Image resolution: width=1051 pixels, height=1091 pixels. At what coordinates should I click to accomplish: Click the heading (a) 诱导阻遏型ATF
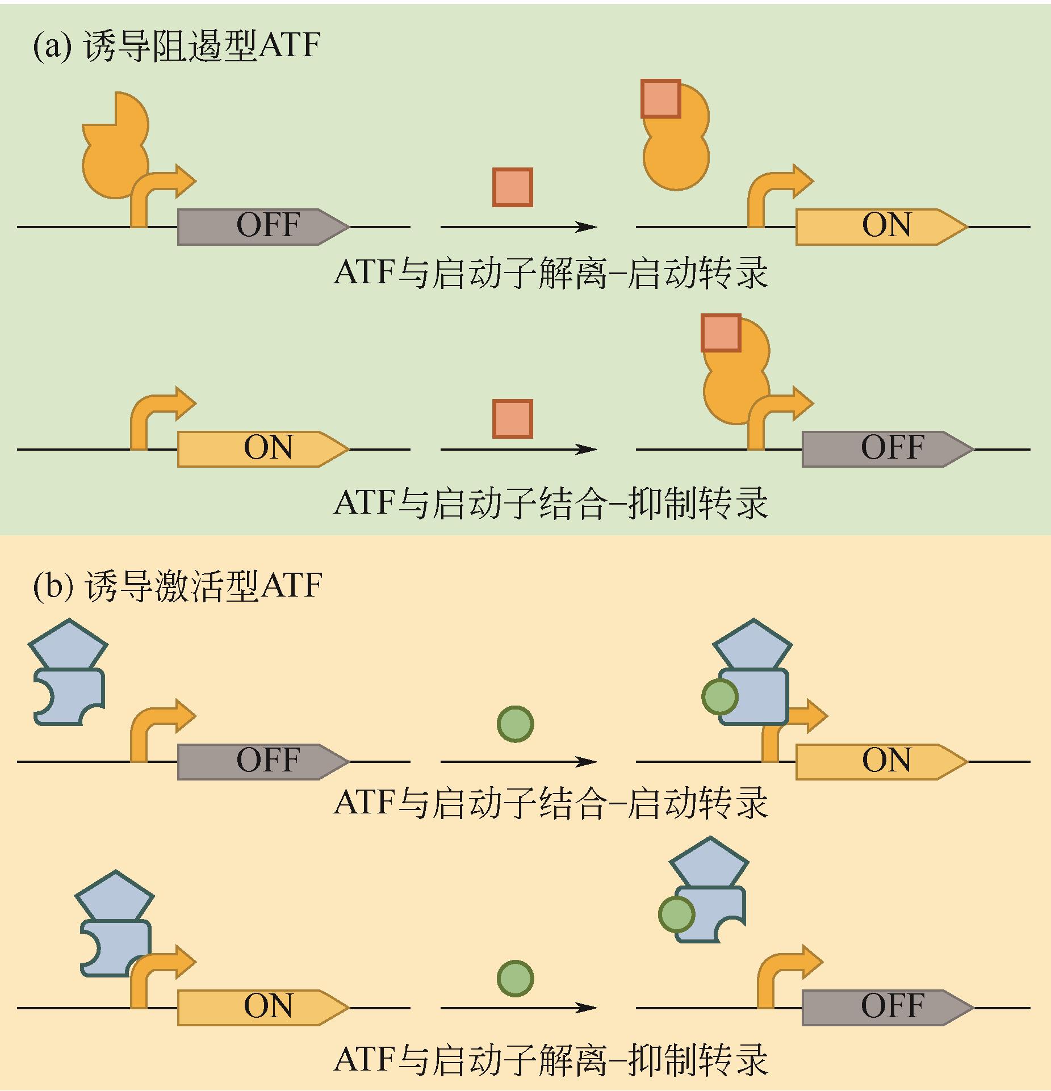[177, 45]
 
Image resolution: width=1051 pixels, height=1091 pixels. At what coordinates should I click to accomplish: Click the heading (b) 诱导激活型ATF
[177, 585]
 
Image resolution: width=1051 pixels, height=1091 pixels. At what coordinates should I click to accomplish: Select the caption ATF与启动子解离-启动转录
[551, 273]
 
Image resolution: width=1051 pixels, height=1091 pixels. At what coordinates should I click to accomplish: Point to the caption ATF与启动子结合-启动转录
[551, 803]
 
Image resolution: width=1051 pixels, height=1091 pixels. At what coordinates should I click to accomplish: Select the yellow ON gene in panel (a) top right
[881, 226]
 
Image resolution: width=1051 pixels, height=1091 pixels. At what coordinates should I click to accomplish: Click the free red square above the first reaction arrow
[512, 187]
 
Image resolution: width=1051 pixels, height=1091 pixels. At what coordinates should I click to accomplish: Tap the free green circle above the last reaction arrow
[515, 978]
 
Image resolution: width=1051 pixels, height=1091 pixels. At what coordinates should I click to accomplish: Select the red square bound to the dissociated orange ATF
[661, 99]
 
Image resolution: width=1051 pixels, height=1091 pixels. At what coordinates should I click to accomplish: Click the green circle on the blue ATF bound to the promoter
[720, 697]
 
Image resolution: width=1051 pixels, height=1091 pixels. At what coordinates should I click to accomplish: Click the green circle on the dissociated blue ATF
[676, 914]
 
